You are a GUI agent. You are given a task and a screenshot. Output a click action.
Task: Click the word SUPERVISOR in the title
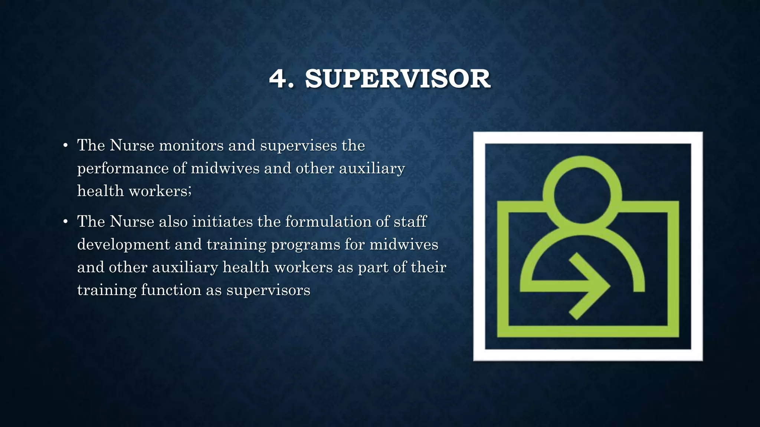click(x=398, y=79)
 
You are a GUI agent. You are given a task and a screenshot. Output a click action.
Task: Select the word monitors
click(x=191, y=145)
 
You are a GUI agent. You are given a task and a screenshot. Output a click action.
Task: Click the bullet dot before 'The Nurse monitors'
click(x=65, y=145)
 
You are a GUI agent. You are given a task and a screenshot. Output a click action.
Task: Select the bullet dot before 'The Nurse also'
click(x=65, y=222)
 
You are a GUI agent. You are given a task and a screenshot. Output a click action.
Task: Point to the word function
click(x=171, y=290)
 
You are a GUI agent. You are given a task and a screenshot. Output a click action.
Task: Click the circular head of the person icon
click(x=582, y=195)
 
